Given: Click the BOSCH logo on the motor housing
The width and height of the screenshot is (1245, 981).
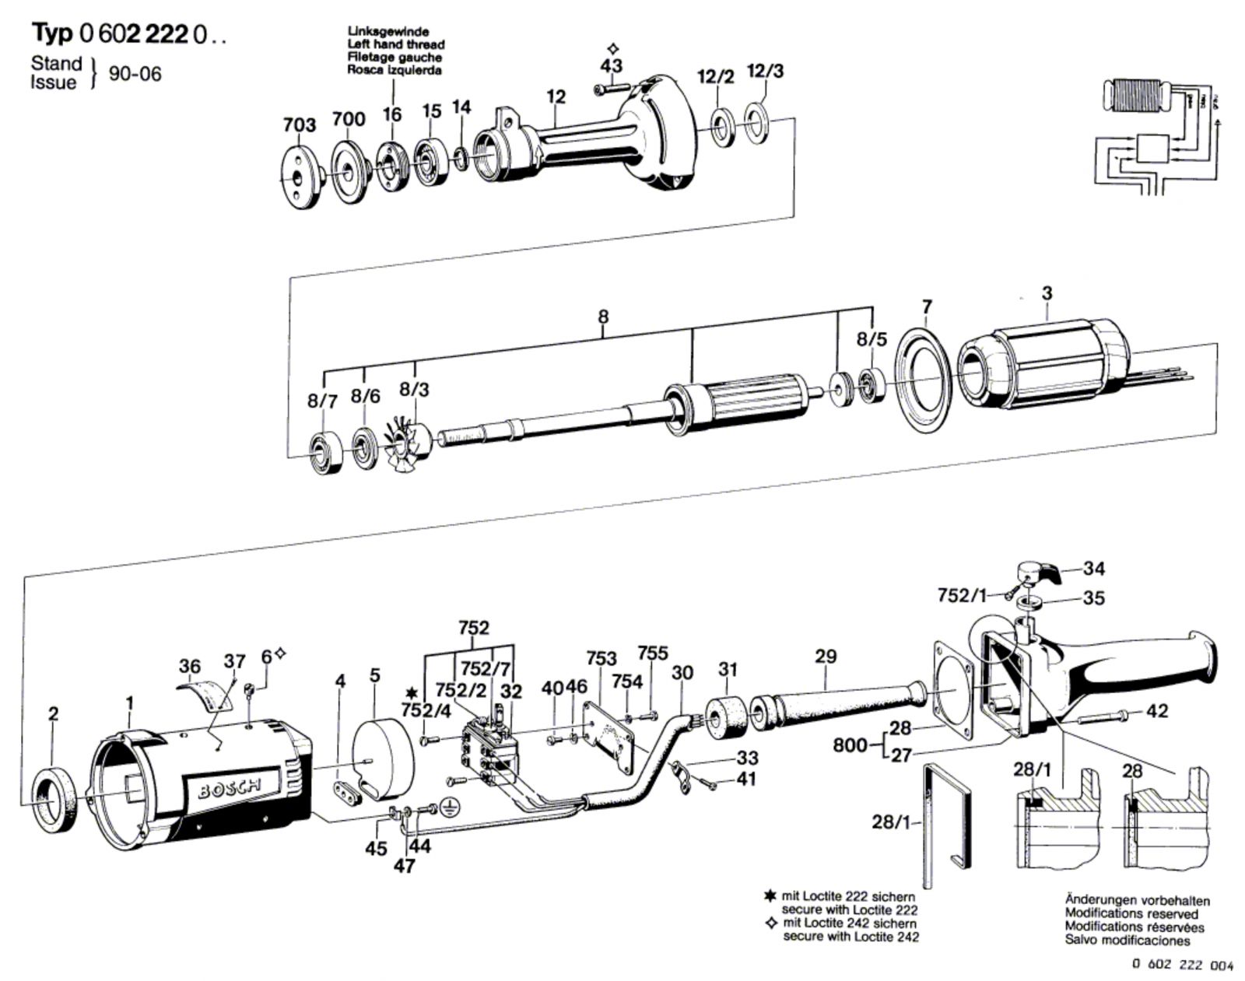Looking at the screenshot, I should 230,789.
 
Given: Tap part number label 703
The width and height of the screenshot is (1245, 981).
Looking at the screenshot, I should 300,125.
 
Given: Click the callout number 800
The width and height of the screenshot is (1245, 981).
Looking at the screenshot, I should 850,745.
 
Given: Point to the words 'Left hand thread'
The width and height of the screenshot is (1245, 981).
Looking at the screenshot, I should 396,45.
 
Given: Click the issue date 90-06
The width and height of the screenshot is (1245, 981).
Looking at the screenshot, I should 135,74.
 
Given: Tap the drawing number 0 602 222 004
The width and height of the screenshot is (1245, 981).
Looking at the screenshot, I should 1182,965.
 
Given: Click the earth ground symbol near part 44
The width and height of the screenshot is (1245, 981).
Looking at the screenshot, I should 447,808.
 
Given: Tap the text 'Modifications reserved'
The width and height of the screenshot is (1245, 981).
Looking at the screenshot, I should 1131,914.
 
